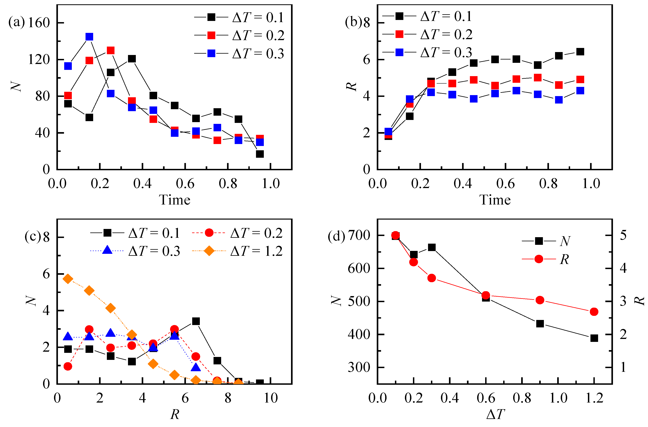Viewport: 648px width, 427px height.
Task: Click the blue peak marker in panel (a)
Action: coord(89,37)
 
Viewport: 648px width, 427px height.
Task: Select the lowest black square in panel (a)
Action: coord(260,154)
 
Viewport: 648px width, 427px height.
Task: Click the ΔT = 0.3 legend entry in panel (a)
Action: coord(239,53)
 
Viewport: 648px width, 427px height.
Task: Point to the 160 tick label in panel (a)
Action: coord(39,23)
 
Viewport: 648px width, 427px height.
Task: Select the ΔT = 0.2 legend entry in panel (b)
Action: coord(427,34)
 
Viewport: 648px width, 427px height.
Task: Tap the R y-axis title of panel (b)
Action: coord(351,86)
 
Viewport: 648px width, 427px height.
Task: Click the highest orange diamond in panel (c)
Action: coord(68,279)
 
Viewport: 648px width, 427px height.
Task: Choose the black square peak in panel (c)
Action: coord(196,321)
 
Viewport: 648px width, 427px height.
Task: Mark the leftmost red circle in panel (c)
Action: coord(68,366)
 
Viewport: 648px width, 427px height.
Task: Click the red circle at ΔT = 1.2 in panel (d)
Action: coord(594,312)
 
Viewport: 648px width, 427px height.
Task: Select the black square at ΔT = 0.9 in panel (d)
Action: coord(540,324)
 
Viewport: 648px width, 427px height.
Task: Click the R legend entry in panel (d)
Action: coord(545,259)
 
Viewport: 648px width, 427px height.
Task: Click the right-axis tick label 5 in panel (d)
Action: coord(623,235)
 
